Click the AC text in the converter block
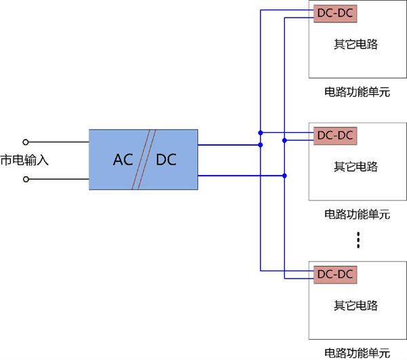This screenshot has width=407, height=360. click(123, 160)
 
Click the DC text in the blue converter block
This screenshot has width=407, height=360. click(166, 160)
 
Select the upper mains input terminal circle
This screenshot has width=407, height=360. click(26, 142)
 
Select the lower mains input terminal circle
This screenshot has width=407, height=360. click(26, 180)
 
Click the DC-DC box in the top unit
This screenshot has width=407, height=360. click(335, 13)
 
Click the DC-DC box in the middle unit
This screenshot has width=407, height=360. click(335, 135)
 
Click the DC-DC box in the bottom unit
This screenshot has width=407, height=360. click(335, 274)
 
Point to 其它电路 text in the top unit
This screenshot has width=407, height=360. click(355, 45)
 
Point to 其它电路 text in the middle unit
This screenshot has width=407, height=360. click(355, 167)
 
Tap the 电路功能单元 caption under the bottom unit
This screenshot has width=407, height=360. click(357, 353)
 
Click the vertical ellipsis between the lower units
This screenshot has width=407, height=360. click(359, 240)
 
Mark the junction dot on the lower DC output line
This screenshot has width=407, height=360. click(285, 176)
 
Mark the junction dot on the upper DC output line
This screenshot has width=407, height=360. click(260, 144)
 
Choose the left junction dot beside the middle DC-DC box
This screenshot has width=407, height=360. click(260, 132)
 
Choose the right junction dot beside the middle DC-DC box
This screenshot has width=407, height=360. click(285, 141)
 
